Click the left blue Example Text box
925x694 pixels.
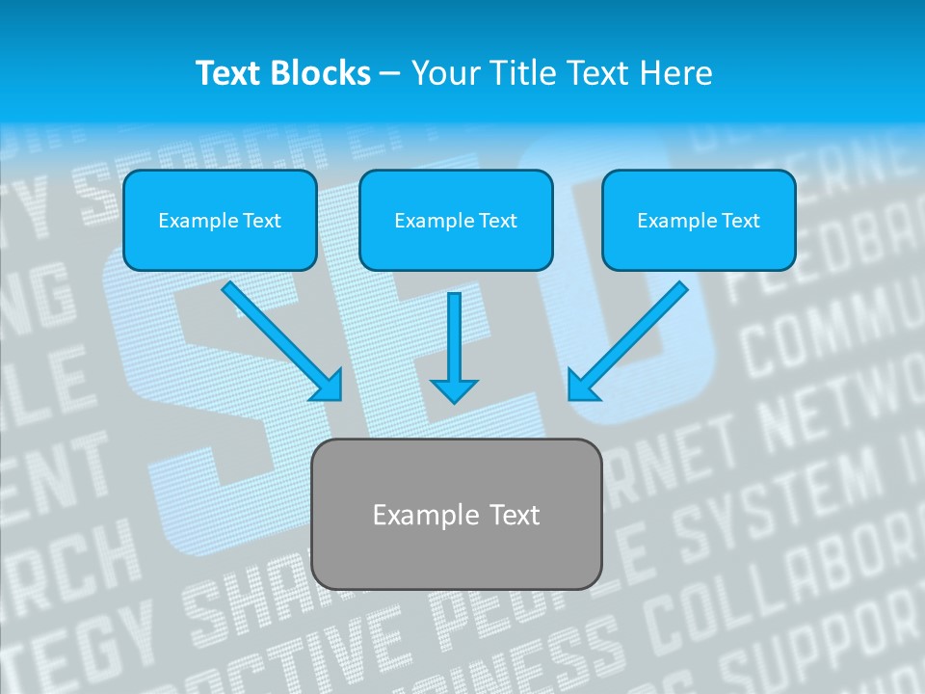coord(220,220)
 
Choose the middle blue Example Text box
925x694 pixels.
coord(456,220)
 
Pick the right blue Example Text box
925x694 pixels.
coord(699,220)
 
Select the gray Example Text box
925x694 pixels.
coord(457,514)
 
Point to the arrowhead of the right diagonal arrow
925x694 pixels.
coord(581,386)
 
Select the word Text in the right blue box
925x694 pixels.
coord(739,221)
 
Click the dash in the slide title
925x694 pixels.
coord(389,74)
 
